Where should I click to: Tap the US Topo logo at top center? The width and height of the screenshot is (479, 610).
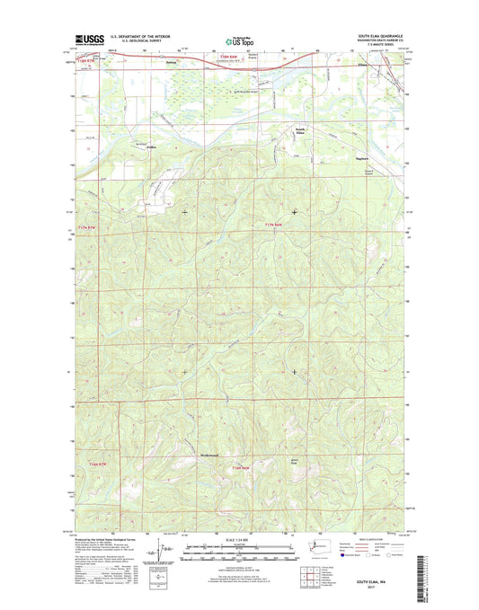237,40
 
